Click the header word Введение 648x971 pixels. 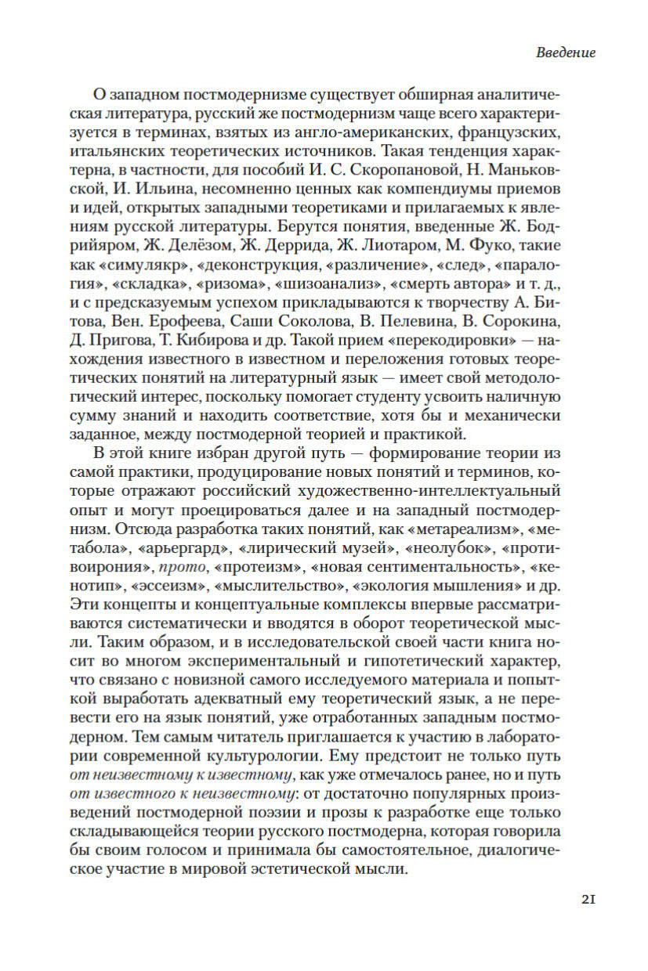coord(566,53)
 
